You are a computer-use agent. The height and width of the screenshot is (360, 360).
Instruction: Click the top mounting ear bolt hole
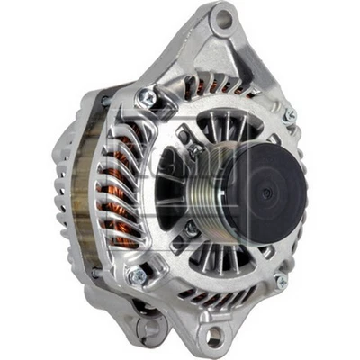[x=222, y=18]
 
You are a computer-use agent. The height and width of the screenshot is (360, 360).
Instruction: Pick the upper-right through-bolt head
[x=289, y=116]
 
